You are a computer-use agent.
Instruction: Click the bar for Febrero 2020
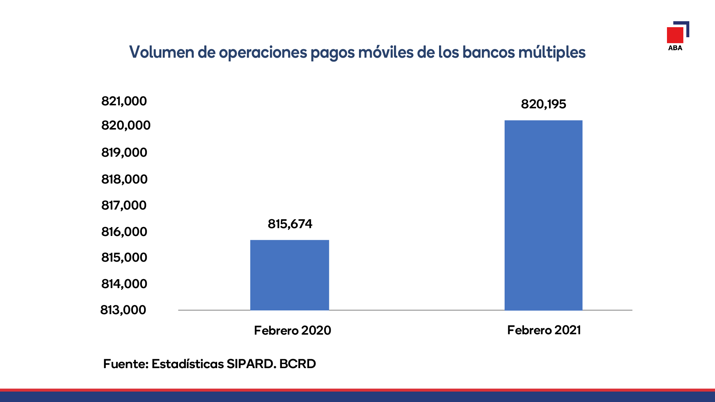[290, 275]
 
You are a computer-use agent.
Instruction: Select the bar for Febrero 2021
[543, 215]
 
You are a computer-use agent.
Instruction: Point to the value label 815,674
[290, 224]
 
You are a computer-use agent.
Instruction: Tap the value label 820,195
[544, 104]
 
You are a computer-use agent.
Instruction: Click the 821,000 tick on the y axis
[124, 101]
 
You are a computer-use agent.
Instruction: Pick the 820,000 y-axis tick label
[126, 125]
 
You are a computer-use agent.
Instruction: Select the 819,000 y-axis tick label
[124, 153]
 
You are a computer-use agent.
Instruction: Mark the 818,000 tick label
[124, 179]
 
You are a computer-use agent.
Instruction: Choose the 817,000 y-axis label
[124, 205]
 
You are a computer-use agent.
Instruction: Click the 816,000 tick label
[124, 232]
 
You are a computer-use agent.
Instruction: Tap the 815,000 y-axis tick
[124, 258]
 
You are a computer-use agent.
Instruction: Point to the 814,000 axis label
[124, 284]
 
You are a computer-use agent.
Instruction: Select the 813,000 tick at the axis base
[123, 310]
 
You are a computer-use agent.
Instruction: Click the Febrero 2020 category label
[293, 331]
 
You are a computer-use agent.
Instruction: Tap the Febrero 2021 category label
[544, 330]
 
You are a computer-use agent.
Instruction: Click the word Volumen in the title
[162, 52]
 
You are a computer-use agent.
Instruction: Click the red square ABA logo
[675, 35]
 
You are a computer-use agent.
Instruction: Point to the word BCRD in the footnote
[298, 364]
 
